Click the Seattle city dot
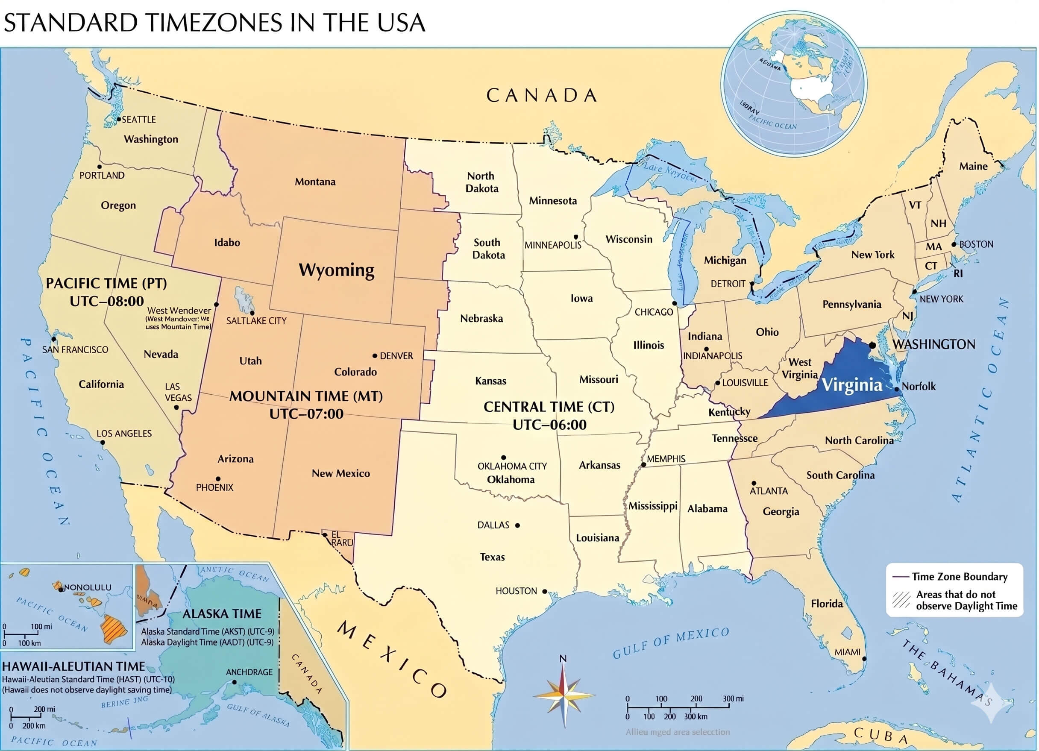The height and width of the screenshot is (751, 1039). (x=119, y=119)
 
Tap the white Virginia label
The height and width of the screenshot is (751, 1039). (x=851, y=384)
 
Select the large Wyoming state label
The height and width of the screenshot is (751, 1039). (x=336, y=270)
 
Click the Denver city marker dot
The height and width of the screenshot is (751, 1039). (x=375, y=355)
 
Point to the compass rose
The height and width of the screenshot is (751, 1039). (x=564, y=696)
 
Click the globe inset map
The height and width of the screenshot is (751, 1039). (x=794, y=84)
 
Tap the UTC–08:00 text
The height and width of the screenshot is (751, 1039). (x=107, y=302)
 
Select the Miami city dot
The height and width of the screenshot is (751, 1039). (x=864, y=659)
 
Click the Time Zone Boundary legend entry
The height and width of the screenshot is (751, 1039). (x=959, y=577)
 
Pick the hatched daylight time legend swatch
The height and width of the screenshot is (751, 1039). (x=901, y=600)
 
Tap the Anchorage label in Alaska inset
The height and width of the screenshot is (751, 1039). (x=249, y=672)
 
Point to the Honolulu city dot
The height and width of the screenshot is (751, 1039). (x=61, y=590)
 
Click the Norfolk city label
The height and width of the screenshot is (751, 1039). (x=919, y=387)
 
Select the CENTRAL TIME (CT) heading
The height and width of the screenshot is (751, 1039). (x=549, y=407)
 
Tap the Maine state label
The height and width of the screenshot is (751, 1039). (x=973, y=166)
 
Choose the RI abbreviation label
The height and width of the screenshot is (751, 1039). (x=958, y=273)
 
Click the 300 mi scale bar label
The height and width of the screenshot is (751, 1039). (x=733, y=699)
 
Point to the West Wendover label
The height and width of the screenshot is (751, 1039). (x=179, y=311)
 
